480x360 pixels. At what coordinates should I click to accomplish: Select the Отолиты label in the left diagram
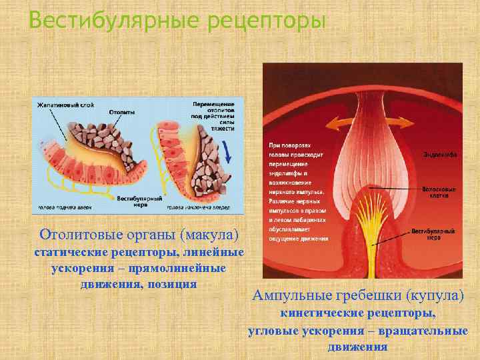[121, 112]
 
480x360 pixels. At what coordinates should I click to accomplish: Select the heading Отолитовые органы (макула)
[139, 235]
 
